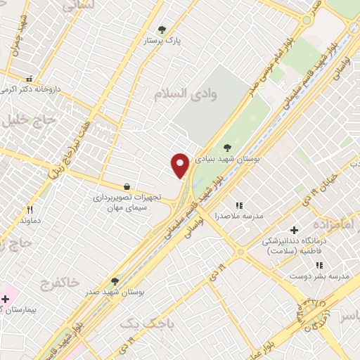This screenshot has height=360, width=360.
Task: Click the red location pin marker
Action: (x=180, y=165)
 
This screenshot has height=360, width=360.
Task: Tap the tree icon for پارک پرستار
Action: (x=162, y=30)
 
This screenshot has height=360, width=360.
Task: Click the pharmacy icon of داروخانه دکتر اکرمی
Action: (x=30, y=79)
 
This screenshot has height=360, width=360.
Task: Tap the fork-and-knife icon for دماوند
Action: (x=30, y=210)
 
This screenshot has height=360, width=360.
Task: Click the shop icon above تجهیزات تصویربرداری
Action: (x=127, y=186)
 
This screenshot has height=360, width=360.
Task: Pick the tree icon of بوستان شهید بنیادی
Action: (x=226, y=148)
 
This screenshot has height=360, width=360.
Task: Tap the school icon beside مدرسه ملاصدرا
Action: (x=239, y=205)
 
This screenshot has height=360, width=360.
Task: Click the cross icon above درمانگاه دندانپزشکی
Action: (x=294, y=230)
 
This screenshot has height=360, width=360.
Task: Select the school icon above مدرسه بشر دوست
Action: (x=319, y=265)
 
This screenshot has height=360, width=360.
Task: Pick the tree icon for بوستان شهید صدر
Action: (x=115, y=281)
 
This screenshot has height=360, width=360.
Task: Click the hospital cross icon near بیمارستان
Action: (x=5, y=299)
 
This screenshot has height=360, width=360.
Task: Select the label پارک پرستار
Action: (x=162, y=41)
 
